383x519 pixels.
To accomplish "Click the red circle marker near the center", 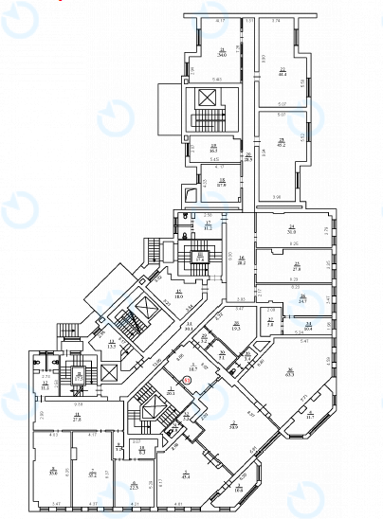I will coord(187,381).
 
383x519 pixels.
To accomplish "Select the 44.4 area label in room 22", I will coord(282,74).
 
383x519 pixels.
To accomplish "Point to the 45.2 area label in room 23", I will coord(282,145).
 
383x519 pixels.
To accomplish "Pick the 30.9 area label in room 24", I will coord(292,231).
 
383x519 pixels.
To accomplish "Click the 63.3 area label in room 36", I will coord(289,373).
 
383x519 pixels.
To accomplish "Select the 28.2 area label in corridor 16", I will coord(242,262).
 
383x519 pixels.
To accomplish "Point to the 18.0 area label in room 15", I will coord(178,295).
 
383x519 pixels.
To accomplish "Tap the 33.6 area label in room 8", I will coord(54,473).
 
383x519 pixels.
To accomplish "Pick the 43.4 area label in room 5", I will coord(187,476).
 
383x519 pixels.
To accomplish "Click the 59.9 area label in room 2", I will coord(232,428).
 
